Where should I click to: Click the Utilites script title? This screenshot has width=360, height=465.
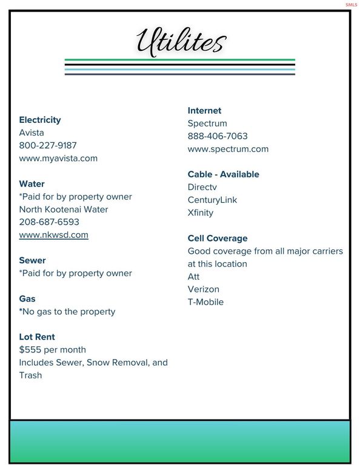pos(181,42)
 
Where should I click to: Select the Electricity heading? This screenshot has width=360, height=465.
pos(40,120)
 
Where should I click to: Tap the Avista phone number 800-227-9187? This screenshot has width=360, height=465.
pos(48,145)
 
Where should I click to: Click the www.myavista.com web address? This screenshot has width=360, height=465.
pos(58,158)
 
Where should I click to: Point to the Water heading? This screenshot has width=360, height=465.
pos(32,183)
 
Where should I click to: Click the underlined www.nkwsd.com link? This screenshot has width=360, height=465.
pos(53,235)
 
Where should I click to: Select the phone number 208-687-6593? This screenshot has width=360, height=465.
pos(49,222)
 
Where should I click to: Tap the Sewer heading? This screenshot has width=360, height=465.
pos(32,260)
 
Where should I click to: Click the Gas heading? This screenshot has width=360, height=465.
pos(27,298)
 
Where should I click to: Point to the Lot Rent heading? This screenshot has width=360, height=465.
pos(38,337)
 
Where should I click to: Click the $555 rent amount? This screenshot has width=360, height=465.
pos(30,350)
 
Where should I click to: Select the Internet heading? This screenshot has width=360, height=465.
pos(204,110)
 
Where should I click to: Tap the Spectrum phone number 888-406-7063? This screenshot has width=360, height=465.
pos(218,136)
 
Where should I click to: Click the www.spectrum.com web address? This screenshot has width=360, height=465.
pos(228,149)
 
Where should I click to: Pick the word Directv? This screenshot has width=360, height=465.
pos(202,187)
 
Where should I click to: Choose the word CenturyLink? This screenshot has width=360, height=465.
pos(212,200)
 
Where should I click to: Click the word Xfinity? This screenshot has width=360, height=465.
pos(201,213)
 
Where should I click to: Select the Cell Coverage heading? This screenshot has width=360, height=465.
pos(218,238)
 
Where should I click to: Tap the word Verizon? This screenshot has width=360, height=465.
pos(204,289)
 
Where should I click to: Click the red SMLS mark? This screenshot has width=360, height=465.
pos(352,5)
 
